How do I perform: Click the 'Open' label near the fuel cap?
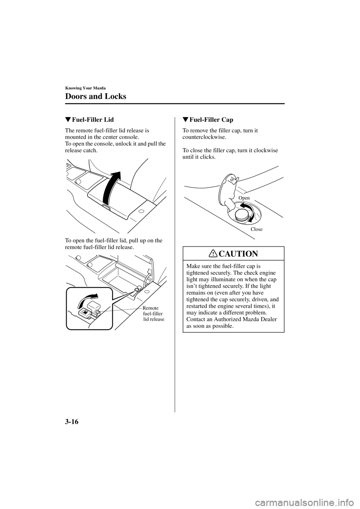244,198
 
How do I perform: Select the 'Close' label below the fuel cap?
256,229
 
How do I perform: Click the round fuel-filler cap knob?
241,216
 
